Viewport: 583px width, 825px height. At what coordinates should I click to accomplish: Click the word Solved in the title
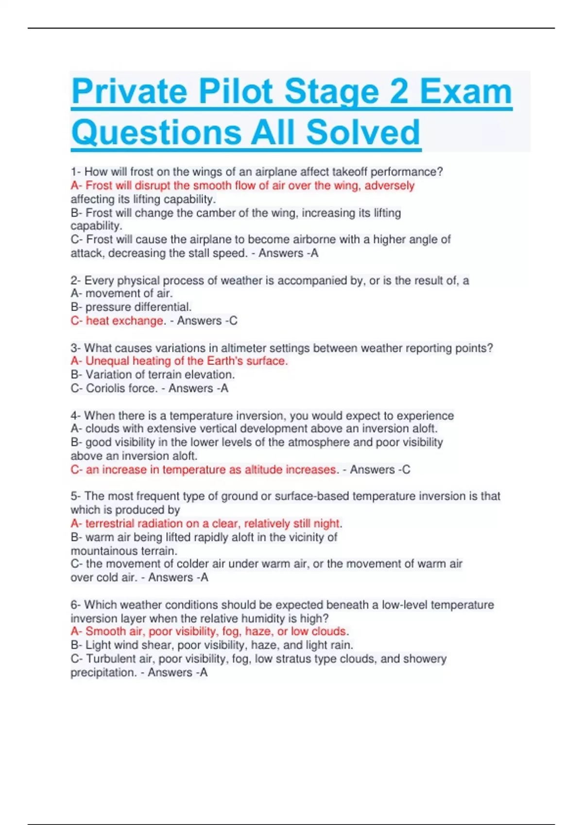363,132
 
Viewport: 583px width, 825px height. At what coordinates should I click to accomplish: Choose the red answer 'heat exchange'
124,321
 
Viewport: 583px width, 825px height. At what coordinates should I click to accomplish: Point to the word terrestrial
110,524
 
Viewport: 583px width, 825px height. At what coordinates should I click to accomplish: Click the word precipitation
103,673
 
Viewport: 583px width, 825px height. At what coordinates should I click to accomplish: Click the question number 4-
75,416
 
